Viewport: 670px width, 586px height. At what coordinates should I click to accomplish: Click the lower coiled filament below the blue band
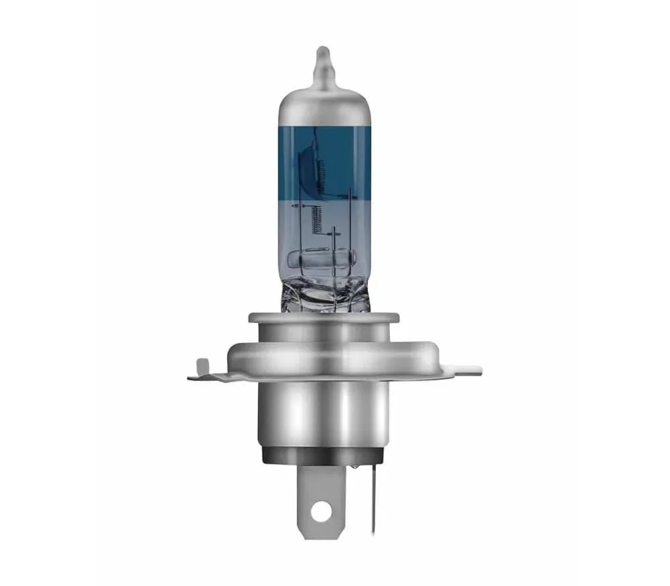coord(317,218)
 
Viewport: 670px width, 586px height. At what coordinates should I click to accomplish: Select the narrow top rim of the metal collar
coord(324,317)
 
